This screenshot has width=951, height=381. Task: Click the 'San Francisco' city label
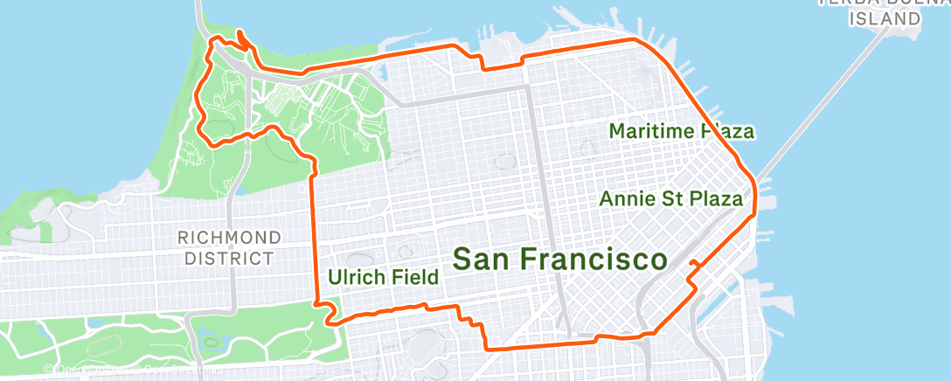[559, 260]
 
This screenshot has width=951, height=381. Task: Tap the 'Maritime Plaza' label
[681, 131]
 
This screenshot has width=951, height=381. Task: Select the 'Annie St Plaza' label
[670, 198]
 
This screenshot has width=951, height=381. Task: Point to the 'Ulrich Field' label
[383, 278]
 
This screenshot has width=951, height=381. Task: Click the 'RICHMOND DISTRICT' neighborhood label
[229, 247]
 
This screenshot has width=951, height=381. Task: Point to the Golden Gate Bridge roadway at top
[200, 13]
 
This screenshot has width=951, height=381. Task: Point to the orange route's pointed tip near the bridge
[239, 36]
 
